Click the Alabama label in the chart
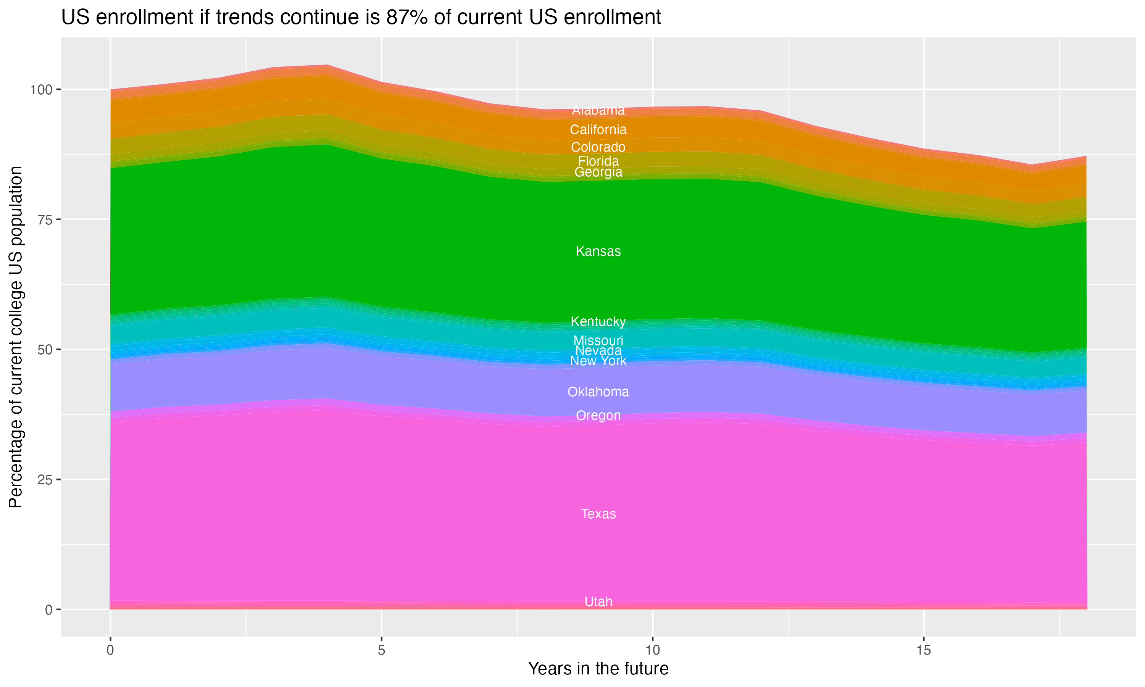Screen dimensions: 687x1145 [598, 110]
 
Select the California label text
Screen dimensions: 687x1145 [598, 130]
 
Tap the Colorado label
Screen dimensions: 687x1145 [598, 147]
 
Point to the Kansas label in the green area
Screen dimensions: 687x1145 [598, 252]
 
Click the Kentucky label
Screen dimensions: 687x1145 [598, 321]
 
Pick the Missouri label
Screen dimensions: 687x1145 [598, 340]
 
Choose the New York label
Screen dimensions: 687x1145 [598, 361]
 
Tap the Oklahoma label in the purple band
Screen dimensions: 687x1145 [598, 392]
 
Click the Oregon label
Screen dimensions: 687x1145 [598, 416]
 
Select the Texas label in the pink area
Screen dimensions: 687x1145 [598, 514]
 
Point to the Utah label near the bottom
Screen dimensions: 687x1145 [598, 602]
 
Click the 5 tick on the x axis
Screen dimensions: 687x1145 [381, 650]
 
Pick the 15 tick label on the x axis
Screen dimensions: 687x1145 [923, 650]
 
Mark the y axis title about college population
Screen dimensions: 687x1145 [16, 337]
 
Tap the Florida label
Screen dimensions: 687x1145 [598, 161]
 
